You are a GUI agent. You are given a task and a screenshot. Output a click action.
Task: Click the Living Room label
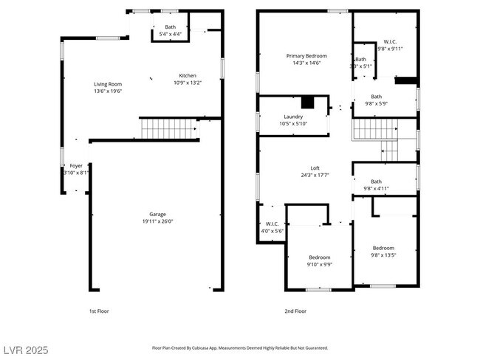[x=108, y=84]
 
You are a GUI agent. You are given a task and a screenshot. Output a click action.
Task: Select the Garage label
[x=157, y=214]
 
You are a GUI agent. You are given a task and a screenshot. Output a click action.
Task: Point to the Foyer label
[x=76, y=166]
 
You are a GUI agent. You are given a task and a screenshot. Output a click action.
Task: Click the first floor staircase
[x=168, y=128]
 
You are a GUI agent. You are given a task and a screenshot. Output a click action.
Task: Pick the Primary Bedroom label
[x=306, y=56]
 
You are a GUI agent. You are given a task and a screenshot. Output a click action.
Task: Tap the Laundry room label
[x=293, y=117]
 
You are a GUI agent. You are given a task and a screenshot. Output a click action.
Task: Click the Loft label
[x=315, y=168]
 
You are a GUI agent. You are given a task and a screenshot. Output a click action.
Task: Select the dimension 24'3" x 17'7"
[x=315, y=175]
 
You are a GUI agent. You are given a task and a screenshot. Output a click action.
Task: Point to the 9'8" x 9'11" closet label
[x=390, y=49]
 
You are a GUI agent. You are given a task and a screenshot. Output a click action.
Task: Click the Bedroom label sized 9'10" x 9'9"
[x=319, y=257]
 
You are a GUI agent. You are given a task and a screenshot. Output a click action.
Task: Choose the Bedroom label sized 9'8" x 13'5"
[x=383, y=248]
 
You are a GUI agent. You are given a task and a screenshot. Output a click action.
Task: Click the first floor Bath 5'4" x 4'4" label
[x=171, y=27]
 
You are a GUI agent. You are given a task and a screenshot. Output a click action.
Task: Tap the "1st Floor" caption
[x=98, y=311]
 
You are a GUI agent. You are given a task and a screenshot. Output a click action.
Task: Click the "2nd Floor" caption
[x=295, y=311]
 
